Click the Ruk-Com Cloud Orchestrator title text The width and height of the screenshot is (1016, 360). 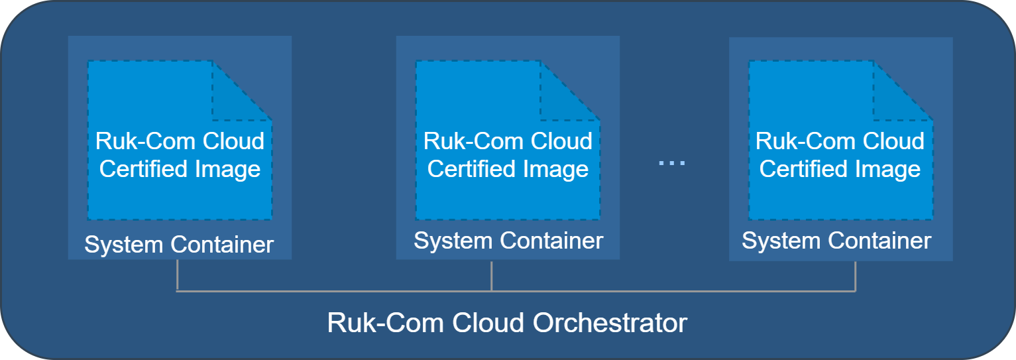(x=507, y=324)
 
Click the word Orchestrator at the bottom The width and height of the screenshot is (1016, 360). (x=610, y=324)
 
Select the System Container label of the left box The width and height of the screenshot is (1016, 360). (x=179, y=245)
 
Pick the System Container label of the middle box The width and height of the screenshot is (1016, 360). (x=508, y=241)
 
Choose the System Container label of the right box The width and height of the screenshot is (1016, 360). (x=836, y=241)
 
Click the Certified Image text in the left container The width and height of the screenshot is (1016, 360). (x=180, y=169)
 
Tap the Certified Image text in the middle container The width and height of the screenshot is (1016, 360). (x=508, y=169)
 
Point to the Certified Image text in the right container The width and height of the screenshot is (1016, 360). (x=840, y=169)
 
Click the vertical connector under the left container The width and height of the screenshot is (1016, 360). (x=177, y=275)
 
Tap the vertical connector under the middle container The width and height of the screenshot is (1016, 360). (x=491, y=275)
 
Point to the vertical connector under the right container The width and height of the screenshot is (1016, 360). (x=855, y=275)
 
